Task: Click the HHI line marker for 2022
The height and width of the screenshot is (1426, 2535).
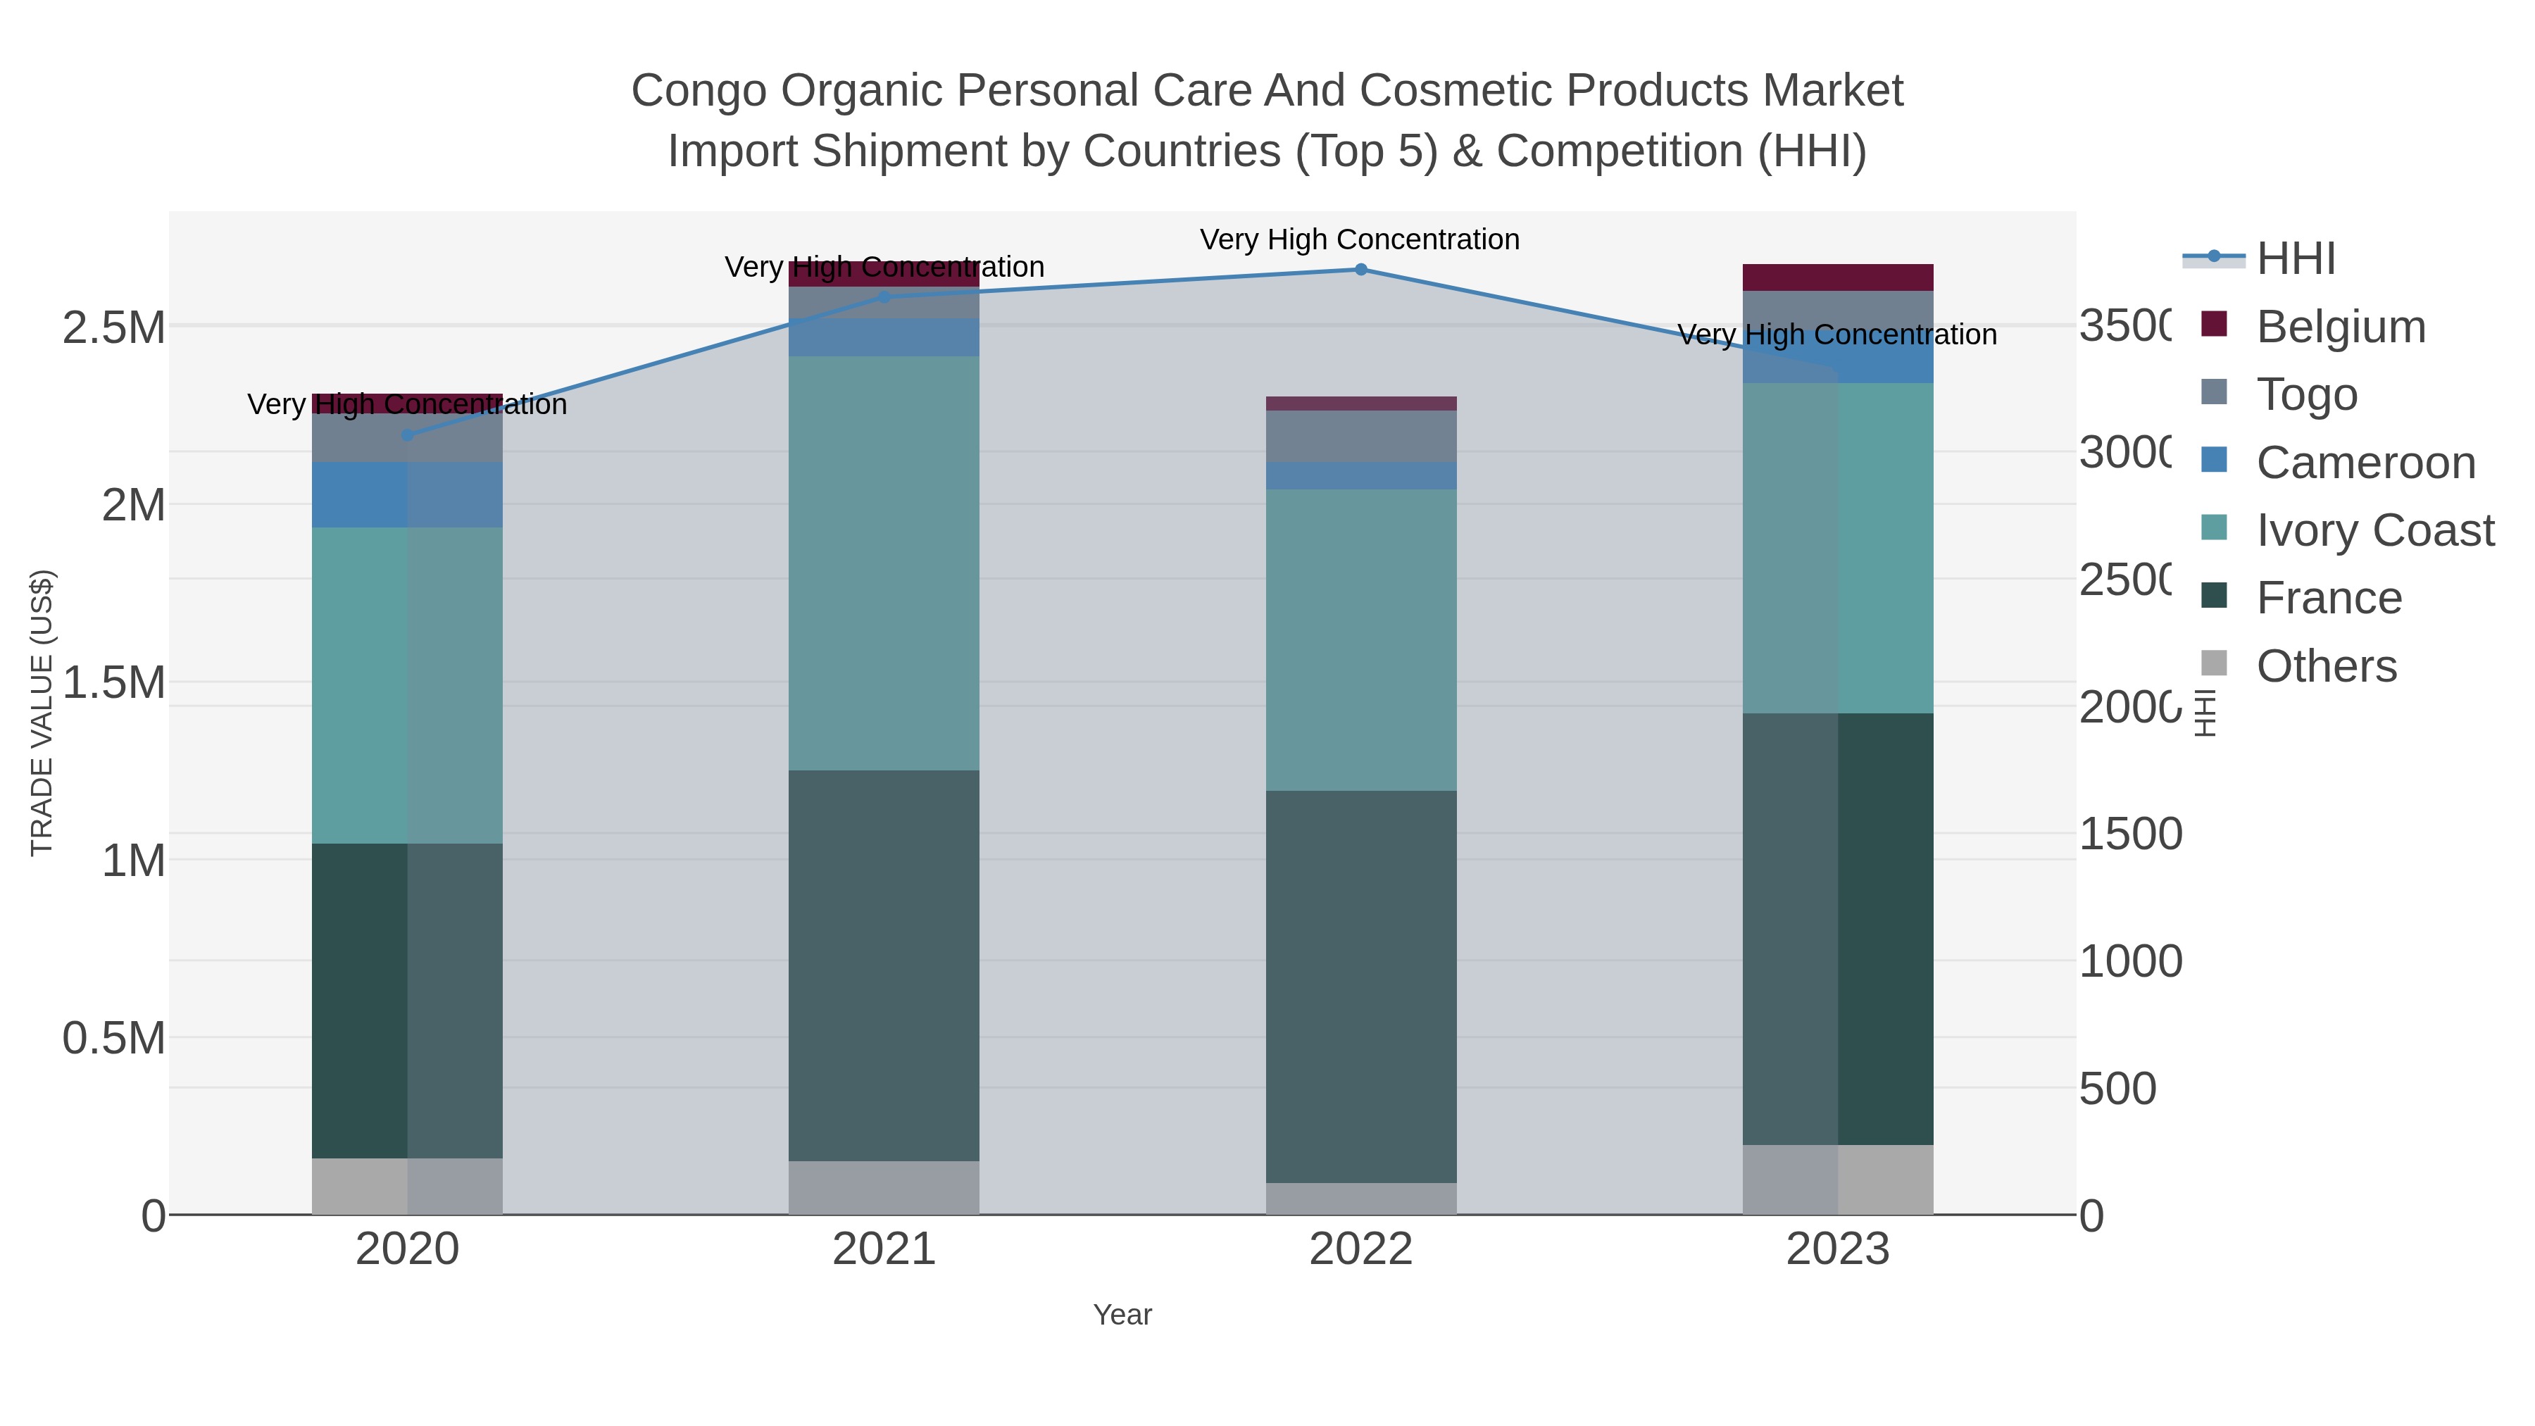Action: click(x=1361, y=270)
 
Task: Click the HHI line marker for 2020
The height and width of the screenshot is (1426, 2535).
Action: click(x=408, y=435)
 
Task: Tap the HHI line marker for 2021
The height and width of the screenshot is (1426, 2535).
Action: click(x=884, y=297)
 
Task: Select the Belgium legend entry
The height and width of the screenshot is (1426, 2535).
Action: click(x=2340, y=327)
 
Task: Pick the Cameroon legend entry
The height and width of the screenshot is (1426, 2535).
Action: click(x=2365, y=463)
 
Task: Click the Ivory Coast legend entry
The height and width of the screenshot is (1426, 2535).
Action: click(x=2374, y=530)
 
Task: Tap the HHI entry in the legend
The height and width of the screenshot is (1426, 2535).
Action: click(x=2295, y=259)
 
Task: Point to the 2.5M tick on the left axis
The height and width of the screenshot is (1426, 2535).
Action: click(x=114, y=327)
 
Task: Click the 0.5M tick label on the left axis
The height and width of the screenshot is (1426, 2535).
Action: click(x=114, y=1038)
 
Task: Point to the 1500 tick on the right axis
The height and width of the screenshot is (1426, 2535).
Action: click(x=2131, y=834)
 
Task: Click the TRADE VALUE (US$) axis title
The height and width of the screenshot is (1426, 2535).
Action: click(x=42, y=713)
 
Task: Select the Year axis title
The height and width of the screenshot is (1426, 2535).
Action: click(x=1122, y=1315)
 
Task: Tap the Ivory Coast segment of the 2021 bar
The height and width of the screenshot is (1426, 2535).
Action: click(x=884, y=563)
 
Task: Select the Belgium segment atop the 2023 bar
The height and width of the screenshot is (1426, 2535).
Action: click(x=1837, y=277)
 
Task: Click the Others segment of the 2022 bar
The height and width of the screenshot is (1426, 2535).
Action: click(x=1361, y=1199)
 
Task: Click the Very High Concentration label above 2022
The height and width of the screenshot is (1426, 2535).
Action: click(x=1359, y=239)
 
